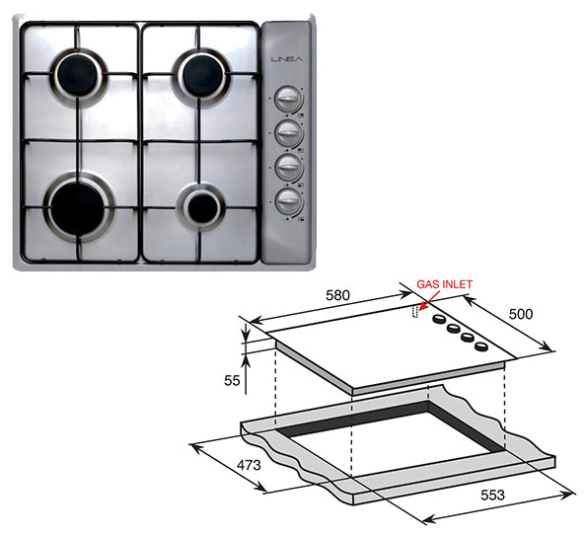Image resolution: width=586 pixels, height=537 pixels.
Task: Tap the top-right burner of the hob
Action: tap(201, 74)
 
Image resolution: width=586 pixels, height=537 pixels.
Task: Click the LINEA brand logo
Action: tap(286, 62)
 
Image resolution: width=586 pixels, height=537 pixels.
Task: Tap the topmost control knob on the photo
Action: tap(287, 101)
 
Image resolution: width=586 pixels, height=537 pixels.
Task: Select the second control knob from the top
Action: tap(287, 132)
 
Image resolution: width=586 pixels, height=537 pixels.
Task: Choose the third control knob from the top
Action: tap(287, 166)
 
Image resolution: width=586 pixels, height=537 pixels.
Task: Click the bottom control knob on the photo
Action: tap(287, 200)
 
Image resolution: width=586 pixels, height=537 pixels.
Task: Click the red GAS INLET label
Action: tap(445, 284)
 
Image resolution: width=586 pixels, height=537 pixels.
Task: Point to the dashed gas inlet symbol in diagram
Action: tap(415, 314)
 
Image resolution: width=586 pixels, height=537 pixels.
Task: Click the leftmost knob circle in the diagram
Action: tap(438, 323)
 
